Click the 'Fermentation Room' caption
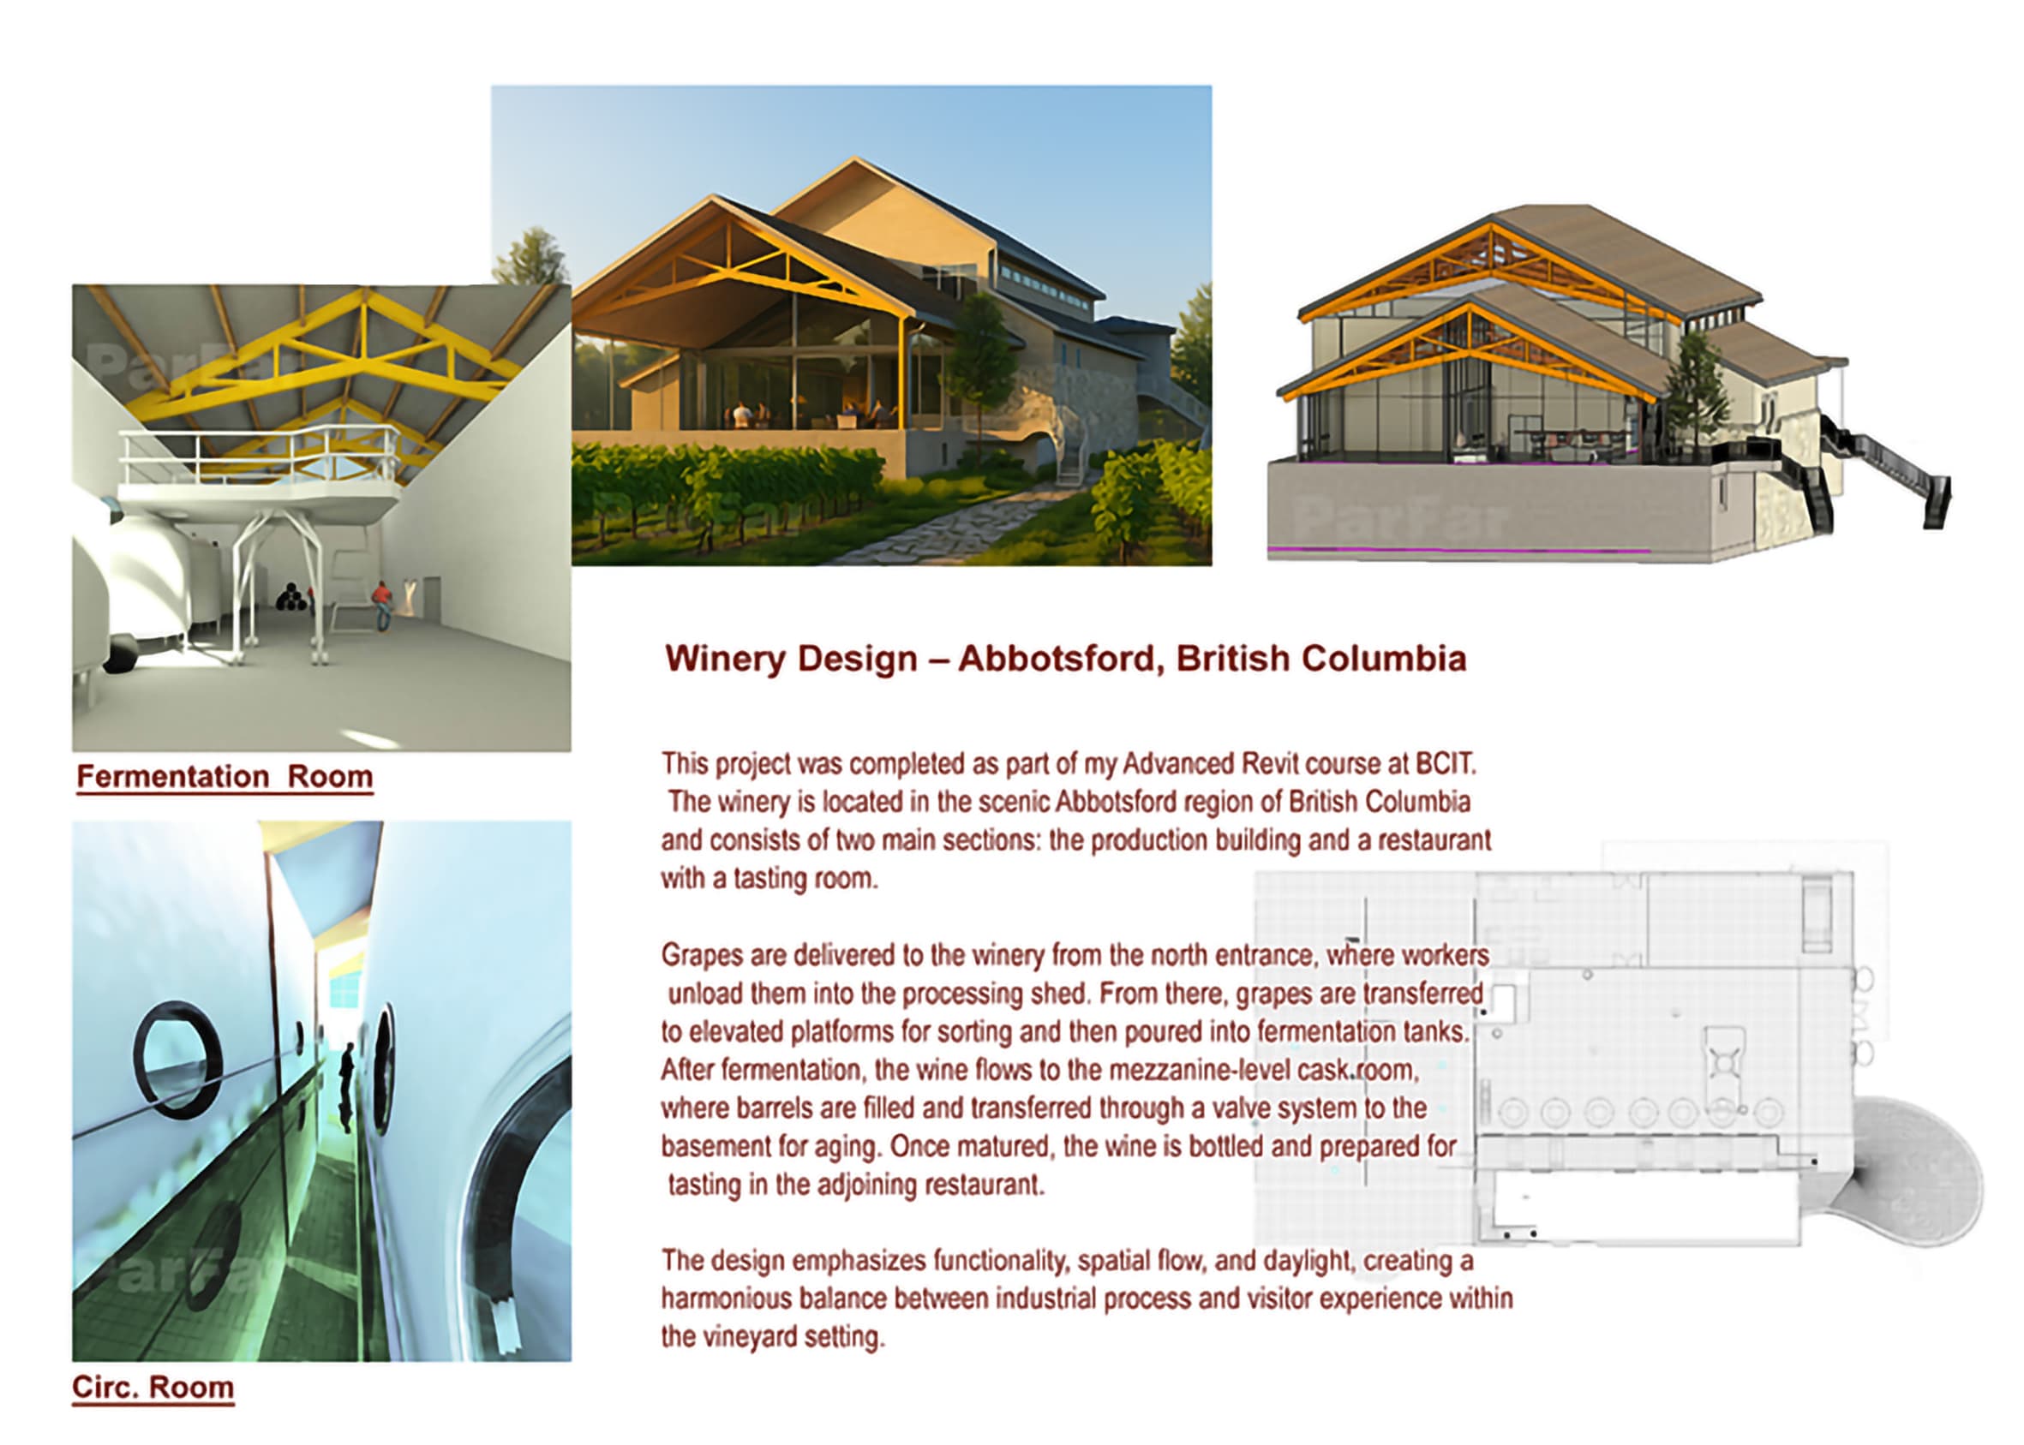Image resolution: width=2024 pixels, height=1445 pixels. [225, 777]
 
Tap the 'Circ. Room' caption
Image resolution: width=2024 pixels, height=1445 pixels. [153, 1387]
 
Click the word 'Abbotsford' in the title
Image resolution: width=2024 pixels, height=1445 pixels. [1061, 660]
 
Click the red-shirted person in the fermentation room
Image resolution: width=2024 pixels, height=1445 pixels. [381, 601]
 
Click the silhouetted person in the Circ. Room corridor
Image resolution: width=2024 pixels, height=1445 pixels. [347, 1085]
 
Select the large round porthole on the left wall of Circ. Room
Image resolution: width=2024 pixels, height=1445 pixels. [177, 1060]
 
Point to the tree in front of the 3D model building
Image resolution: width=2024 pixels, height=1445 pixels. [1696, 391]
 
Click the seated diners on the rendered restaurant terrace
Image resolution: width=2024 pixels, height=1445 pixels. [801, 415]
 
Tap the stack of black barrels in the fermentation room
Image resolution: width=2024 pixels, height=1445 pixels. [291, 597]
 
